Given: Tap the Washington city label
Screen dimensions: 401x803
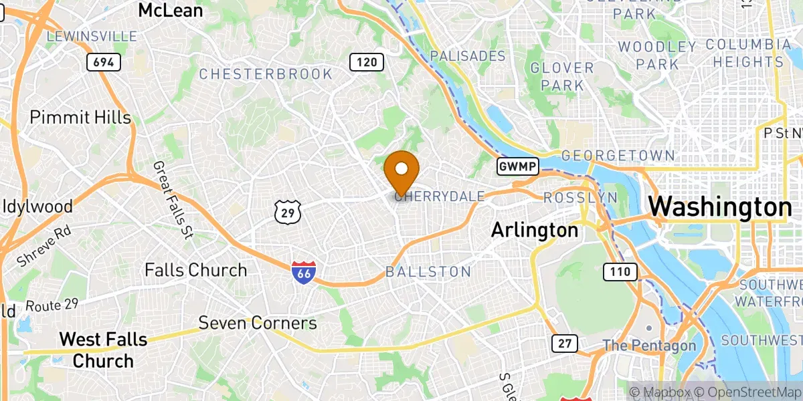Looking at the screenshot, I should coord(720,207).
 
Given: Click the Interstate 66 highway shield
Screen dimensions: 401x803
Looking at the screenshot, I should coord(304,272).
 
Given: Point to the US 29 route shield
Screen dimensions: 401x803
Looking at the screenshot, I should coord(288,211).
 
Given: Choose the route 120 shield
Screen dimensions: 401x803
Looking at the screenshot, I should coord(366,63).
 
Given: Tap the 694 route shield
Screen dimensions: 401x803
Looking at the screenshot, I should coord(104,63).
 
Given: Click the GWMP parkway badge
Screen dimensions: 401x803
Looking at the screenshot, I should coord(517,166).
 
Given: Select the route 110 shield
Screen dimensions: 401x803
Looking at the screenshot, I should coord(620,271).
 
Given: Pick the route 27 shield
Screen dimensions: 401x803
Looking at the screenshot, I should coord(565,344).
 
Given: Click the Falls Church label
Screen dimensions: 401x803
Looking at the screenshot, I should coord(196,270).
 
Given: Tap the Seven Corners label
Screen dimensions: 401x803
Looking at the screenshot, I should coord(258,323).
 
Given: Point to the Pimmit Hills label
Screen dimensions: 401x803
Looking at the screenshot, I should coord(80,118).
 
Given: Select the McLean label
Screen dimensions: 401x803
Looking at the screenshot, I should coord(171,10).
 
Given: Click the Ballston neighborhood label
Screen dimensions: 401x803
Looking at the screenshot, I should coord(428,272).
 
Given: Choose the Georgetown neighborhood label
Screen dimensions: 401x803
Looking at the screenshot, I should coord(618,156).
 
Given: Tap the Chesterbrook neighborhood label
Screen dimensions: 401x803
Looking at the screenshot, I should coord(266,74).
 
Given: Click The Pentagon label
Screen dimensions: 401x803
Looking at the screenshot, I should coord(649,346).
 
